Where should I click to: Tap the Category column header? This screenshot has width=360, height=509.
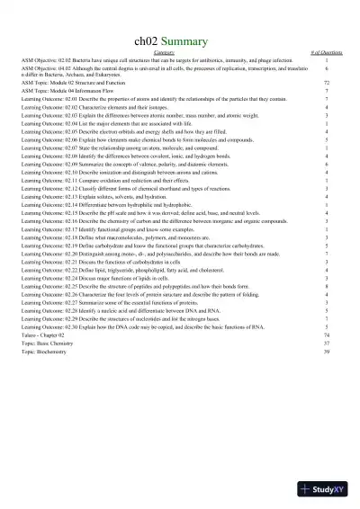click(180, 54)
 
